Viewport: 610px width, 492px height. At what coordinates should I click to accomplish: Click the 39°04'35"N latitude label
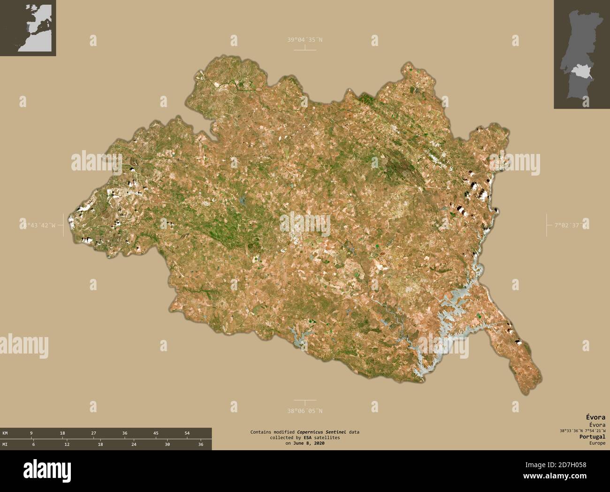tap(305, 40)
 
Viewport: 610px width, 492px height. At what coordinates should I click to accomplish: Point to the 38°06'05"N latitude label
tap(305, 411)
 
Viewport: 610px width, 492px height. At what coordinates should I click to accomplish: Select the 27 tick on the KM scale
tap(93, 433)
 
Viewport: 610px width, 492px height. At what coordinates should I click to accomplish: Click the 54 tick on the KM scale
tap(187, 433)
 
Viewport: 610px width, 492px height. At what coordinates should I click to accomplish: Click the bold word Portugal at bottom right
tap(592, 437)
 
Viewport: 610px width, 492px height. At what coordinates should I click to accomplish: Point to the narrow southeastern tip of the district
tap(533, 380)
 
